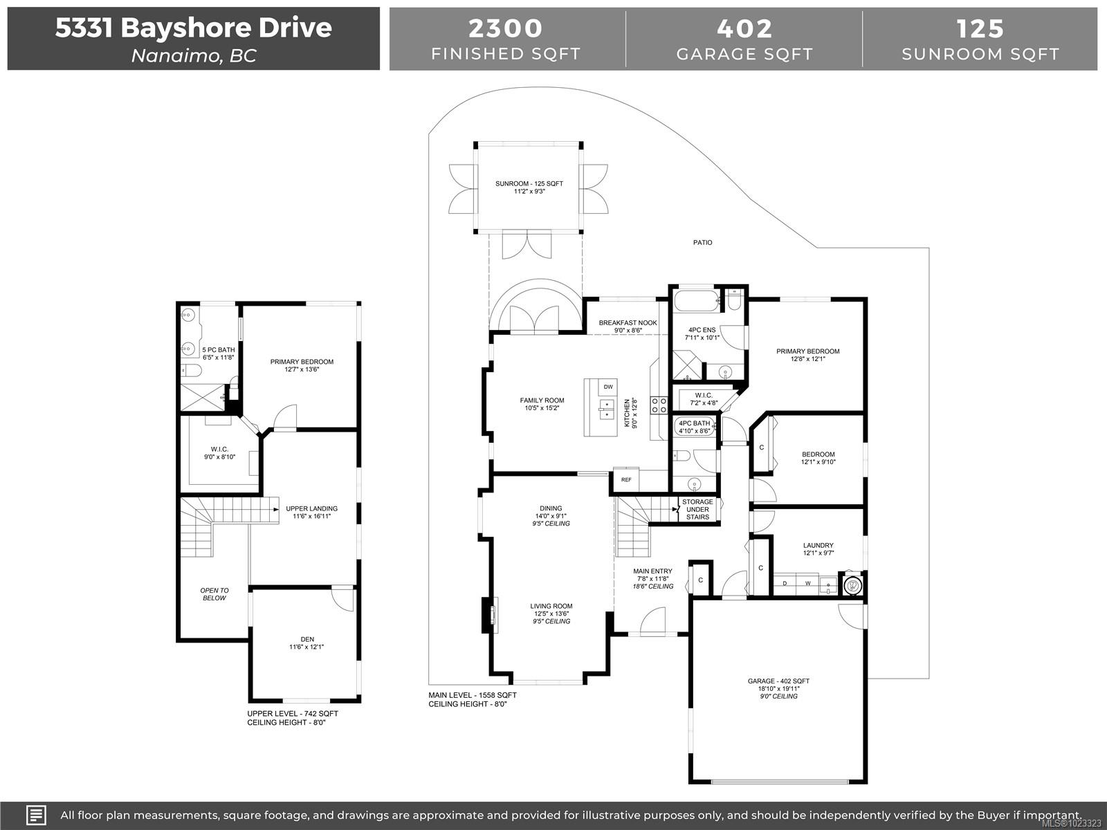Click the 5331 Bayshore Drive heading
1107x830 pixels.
tap(193, 28)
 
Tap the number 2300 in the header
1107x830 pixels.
tap(506, 28)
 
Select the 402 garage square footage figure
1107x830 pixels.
tap(744, 28)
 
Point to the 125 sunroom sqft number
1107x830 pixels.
tap(980, 28)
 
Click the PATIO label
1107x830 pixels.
tap(702, 243)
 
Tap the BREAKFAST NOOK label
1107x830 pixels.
tap(628, 323)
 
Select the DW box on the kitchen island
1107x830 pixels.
tap(608, 387)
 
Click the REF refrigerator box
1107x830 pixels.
tap(626, 479)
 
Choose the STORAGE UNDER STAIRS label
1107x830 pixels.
tap(697, 509)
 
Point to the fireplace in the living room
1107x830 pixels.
tap(488, 615)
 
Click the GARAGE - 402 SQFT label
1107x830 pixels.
tap(778, 681)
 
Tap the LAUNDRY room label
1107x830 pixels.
tap(818, 546)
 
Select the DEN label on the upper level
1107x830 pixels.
tap(307, 640)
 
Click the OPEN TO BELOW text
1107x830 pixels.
tap(214, 594)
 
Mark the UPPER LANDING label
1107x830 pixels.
tap(311, 509)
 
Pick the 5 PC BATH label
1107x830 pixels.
tap(218, 350)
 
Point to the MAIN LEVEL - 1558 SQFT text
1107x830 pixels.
tap(473, 695)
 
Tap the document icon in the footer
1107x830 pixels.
tap(36, 815)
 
